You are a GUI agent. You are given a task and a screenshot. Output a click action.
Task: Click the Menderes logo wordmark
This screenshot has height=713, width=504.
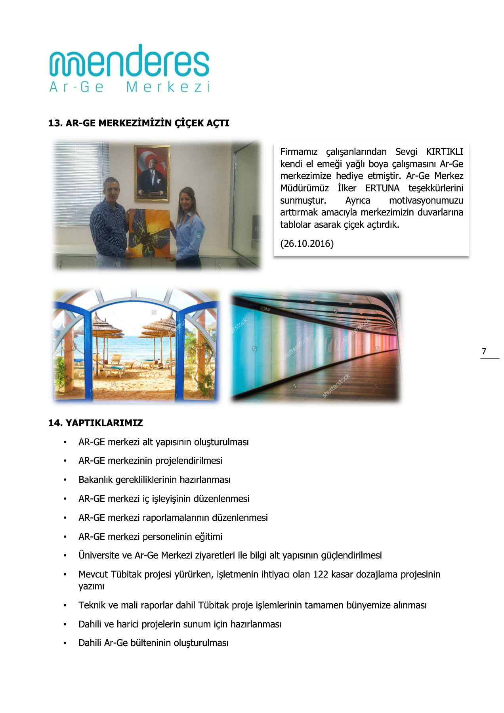tap(129, 61)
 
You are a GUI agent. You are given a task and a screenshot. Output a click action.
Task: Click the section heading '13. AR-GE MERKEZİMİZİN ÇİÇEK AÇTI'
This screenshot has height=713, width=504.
tap(139, 123)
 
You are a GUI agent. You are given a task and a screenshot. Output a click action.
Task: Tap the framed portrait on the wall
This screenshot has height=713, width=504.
tap(152, 173)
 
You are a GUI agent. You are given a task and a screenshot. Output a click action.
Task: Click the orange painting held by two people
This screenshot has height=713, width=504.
tap(149, 233)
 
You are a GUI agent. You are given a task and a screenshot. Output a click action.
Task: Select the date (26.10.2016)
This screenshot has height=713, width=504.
tap(307, 244)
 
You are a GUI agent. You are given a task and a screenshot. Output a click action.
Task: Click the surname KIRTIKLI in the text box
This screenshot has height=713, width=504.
tap(444, 152)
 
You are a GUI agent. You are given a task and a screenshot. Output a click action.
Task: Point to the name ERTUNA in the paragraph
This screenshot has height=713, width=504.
tap(382, 188)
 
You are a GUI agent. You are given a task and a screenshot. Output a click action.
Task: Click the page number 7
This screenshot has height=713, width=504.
tap(484, 351)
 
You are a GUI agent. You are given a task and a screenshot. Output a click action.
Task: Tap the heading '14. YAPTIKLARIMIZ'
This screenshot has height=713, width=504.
tap(95, 423)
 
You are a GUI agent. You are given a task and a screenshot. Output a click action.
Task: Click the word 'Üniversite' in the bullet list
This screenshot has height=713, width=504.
tap(99, 555)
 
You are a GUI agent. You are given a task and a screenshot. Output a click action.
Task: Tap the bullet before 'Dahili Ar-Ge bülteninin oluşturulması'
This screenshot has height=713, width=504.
tap(65, 643)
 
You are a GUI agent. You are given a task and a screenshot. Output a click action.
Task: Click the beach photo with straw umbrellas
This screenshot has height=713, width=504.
tap(136, 345)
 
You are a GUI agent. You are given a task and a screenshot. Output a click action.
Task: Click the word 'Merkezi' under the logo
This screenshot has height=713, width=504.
tap(168, 87)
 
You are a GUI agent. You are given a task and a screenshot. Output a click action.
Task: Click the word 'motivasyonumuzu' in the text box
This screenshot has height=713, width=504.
tap(426, 200)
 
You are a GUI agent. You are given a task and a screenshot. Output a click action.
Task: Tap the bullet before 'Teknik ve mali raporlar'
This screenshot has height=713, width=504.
tap(65, 605)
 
